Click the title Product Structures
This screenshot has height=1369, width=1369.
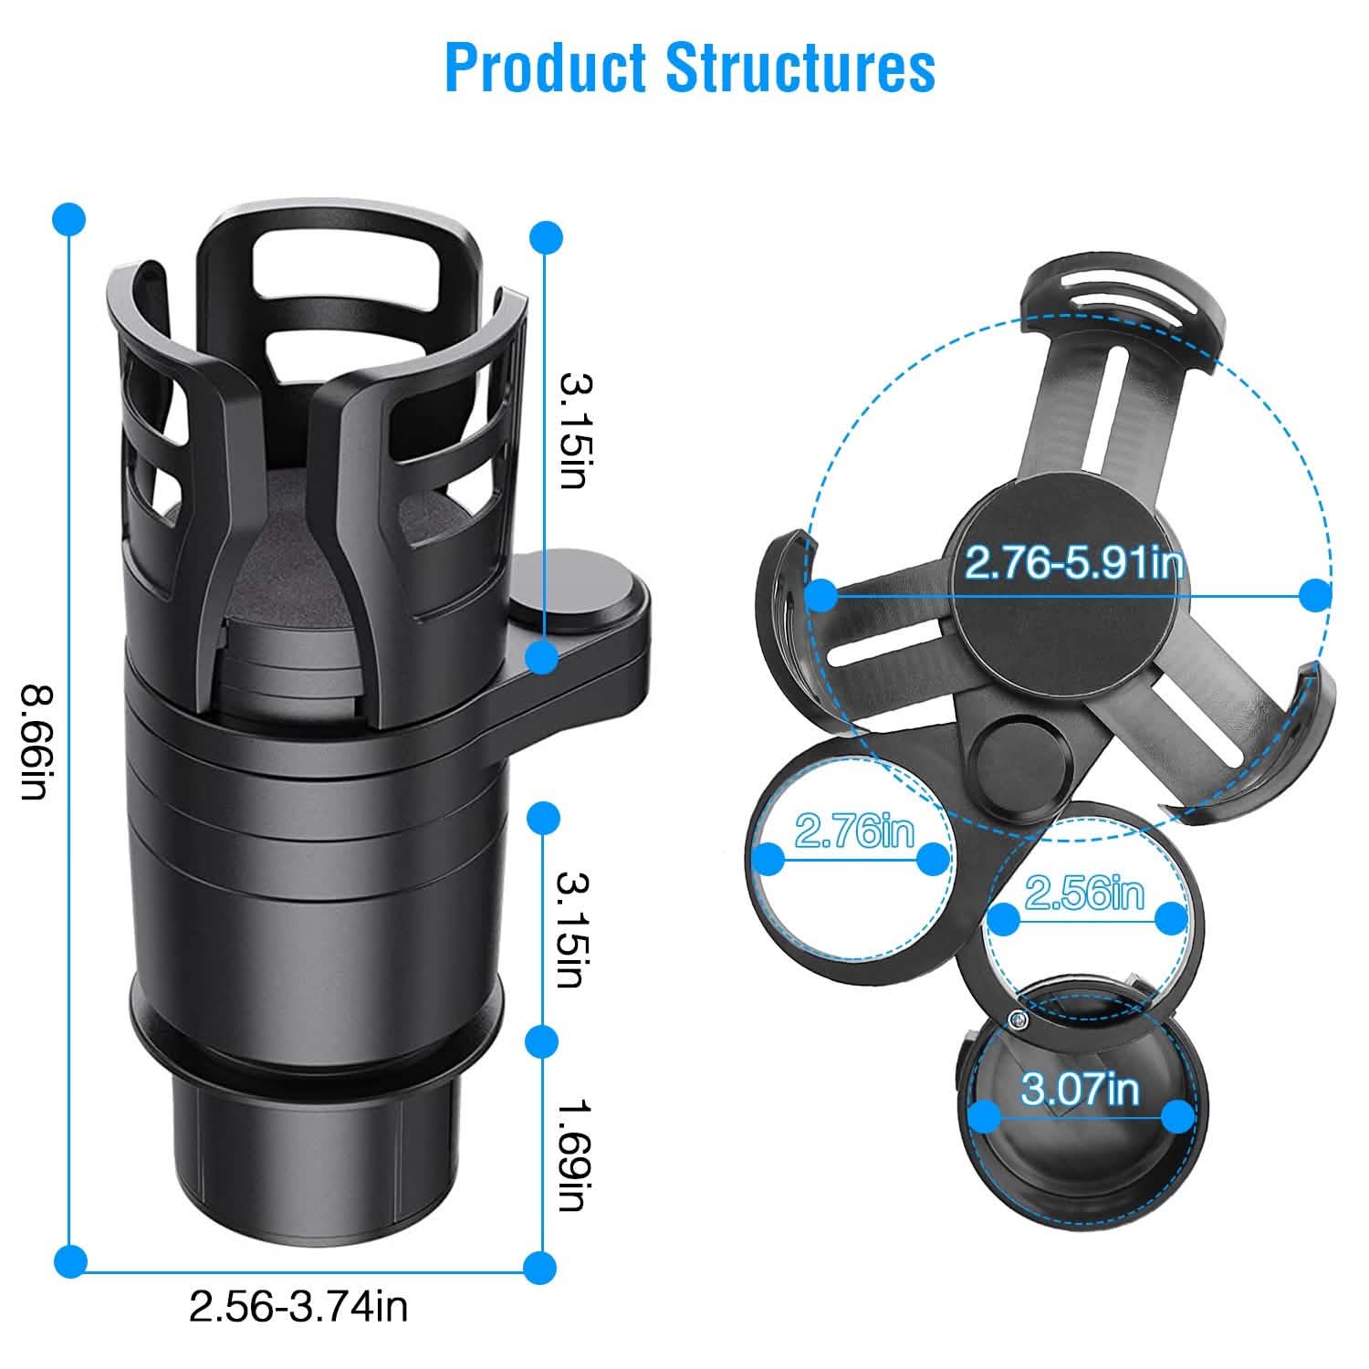click(x=690, y=68)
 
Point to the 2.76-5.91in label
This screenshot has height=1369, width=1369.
click(x=1073, y=563)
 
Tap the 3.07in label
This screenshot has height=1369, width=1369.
click(x=1080, y=1088)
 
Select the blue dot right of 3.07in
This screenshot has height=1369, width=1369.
click(x=1179, y=1114)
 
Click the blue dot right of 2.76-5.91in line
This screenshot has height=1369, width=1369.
click(x=1314, y=596)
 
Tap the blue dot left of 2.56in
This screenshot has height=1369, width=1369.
click(x=1005, y=919)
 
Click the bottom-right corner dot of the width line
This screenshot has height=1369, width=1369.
click(x=540, y=1266)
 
